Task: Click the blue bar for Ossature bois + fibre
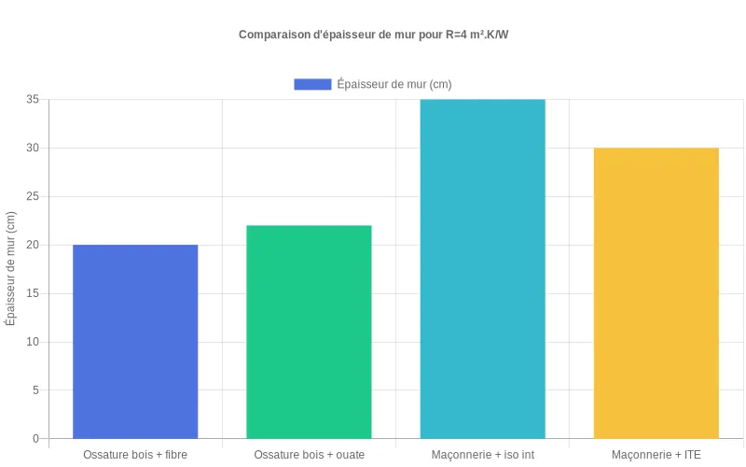click(135, 341)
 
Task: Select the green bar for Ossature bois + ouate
click(309, 332)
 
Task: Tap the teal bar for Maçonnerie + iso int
click(482, 269)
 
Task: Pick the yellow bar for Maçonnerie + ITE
click(656, 292)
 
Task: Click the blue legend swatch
click(312, 84)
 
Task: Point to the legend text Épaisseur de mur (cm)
click(394, 84)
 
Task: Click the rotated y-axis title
click(11, 268)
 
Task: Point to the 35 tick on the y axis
click(33, 99)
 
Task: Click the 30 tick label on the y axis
click(33, 148)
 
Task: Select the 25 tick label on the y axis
click(33, 196)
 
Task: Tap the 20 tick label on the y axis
click(33, 245)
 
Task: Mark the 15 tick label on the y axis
click(33, 293)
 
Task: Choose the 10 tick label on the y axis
click(33, 342)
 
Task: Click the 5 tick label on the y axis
click(35, 389)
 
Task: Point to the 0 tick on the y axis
click(35, 438)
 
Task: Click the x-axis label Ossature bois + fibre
click(135, 455)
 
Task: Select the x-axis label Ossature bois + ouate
click(309, 455)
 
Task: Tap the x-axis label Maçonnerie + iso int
click(482, 455)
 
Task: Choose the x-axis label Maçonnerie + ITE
click(656, 455)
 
